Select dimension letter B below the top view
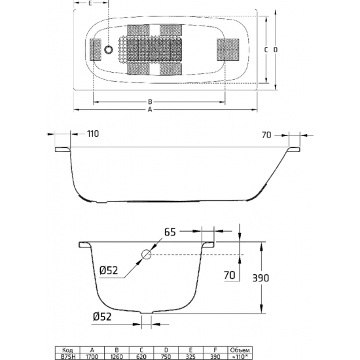(x=150, y=101)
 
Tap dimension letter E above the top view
(x=90, y=4)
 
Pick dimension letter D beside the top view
(x=276, y=49)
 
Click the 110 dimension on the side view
(x=93, y=134)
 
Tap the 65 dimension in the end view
(x=170, y=232)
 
